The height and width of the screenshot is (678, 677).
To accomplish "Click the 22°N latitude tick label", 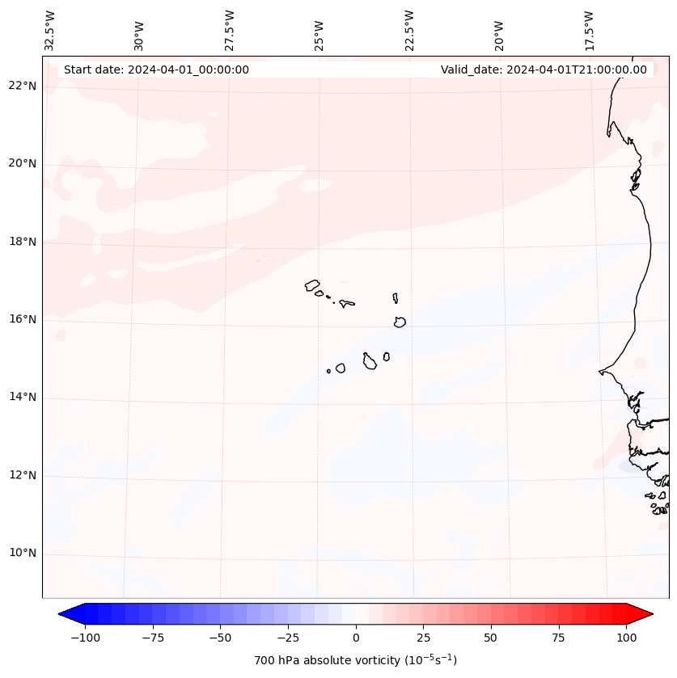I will [23, 86].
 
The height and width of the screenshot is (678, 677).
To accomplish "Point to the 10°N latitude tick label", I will [23, 554].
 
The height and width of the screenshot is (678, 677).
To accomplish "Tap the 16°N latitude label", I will [23, 319].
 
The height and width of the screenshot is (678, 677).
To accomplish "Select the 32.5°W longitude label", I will [50, 31].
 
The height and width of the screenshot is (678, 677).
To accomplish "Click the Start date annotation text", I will [156, 69].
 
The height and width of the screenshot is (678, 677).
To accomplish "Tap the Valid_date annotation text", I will [544, 69].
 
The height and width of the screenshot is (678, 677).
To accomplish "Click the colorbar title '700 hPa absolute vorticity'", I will [355, 660].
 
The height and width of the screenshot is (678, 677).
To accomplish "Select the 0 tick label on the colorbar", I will [356, 638].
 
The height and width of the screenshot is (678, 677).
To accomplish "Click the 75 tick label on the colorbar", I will [559, 638].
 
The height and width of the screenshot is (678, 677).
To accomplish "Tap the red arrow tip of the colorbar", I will [646, 615].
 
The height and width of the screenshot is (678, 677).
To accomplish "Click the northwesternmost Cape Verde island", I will [312, 285].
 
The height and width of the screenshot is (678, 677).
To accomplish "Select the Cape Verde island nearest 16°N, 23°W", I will [400, 322].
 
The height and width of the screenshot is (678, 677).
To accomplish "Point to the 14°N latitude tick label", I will [23, 398].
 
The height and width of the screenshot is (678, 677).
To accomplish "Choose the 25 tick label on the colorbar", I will [423, 638].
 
